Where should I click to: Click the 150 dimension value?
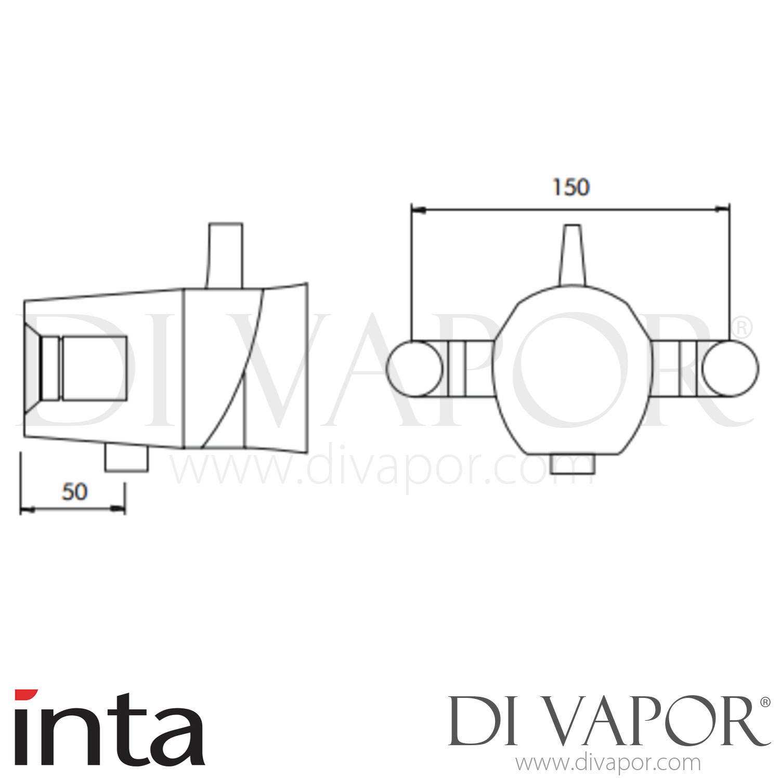pyautogui.click(x=571, y=188)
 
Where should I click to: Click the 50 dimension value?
pyautogui.click(x=75, y=492)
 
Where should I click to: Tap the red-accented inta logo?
pyautogui.click(x=109, y=728)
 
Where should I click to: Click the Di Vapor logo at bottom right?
pyautogui.click(x=603, y=723)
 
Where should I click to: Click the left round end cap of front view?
pyautogui.click(x=414, y=368)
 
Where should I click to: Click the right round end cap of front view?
pyautogui.click(x=730, y=368)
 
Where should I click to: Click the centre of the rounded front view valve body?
pyautogui.click(x=572, y=368)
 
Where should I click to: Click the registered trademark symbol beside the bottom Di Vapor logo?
pyautogui.click(x=765, y=703)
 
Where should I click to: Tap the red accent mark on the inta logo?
pyautogui.click(x=26, y=695)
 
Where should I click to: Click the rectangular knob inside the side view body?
pyautogui.click(x=94, y=368)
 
